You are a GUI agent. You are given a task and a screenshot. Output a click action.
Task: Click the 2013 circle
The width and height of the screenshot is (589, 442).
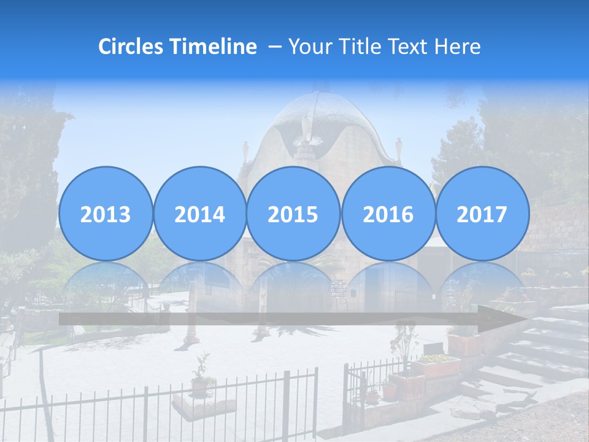pyautogui.click(x=106, y=214)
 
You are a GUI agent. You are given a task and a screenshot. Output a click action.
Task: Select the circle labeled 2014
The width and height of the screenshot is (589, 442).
pyautogui.click(x=199, y=214)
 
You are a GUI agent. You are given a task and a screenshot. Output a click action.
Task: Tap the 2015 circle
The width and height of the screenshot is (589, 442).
pyautogui.click(x=293, y=214)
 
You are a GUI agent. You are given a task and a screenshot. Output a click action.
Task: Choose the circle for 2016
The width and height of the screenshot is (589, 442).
pyautogui.click(x=388, y=214)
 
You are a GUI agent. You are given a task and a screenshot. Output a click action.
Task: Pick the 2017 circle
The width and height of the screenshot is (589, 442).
pyautogui.click(x=482, y=214)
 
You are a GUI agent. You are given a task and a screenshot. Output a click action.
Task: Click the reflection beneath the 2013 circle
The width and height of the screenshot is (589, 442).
pyautogui.click(x=106, y=279)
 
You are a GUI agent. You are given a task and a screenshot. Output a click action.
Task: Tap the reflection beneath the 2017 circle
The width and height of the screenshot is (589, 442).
pyautogui.click(x=482, y=279)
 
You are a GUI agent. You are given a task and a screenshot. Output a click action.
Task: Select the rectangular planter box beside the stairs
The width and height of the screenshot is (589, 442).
pyautogui.click(x=436, y=366)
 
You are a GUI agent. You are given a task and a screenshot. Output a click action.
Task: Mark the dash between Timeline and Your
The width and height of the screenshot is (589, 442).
pyautogui.click(x=275, y=47)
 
